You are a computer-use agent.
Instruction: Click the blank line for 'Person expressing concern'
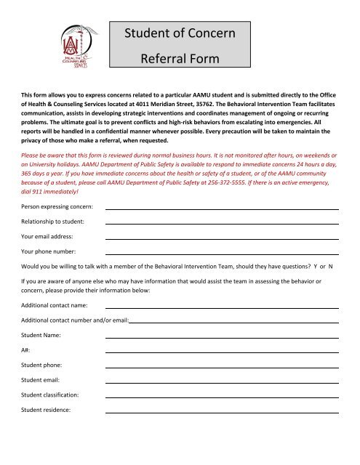point(222,209)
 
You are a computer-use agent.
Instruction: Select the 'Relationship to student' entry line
point(222,222)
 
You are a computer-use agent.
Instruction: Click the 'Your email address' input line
point(222,238)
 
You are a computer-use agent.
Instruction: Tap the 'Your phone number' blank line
point(222,253)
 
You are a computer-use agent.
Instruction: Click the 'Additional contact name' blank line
point(222,307)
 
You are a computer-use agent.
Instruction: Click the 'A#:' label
point(25,350)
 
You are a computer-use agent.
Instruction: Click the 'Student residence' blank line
point(222,411)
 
